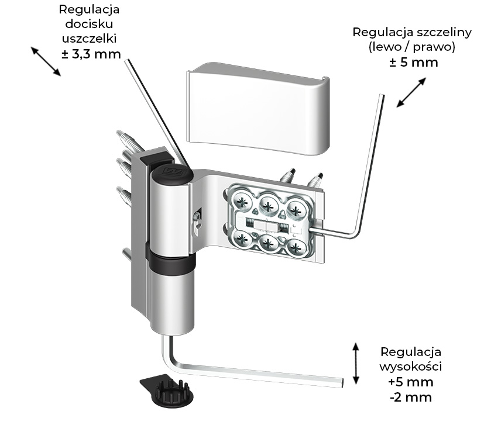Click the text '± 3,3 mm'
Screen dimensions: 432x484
[x=91, y=56]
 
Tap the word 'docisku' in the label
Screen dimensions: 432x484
[x=91, y=25]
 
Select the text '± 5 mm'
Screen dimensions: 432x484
[x=413, y=62]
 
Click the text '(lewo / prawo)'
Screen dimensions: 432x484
[x=413, y=47]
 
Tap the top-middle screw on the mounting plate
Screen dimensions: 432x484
[x=269, y=203]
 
